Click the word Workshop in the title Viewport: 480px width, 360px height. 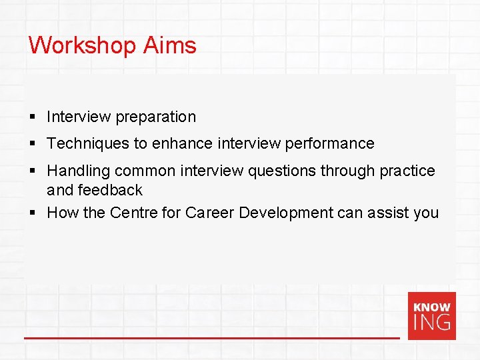tap(83, 45)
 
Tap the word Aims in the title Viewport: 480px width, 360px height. tap(170, 45)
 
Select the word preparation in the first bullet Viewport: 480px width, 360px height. tap(156, 117)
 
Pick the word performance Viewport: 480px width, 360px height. tap(330, 143)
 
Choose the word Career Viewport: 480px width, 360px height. tap(209, 213)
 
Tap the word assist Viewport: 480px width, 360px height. tap(389, 213)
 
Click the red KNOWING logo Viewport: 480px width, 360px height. tap(431, 316)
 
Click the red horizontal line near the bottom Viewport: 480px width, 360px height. tap(211, 338)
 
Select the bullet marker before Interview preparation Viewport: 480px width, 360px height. tap(32, 117)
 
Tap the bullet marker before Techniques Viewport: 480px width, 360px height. tap(32, 144)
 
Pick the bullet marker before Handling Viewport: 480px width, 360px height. tap(32, 171)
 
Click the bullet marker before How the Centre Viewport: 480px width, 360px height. tap(32, 213)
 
